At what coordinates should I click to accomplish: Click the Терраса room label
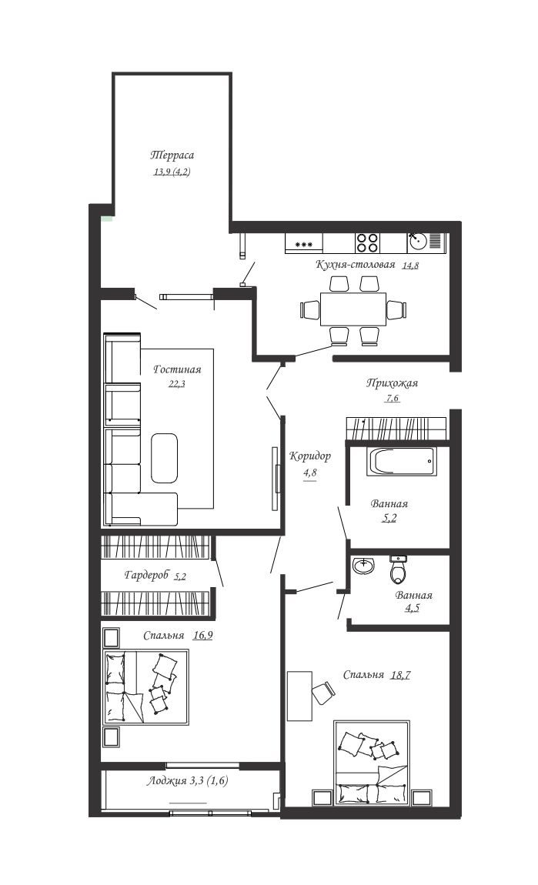tap(172, 155)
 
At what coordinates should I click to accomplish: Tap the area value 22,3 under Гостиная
tap(177, 384)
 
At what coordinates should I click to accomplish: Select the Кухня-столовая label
tap(356, 264)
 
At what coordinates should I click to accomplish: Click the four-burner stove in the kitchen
tap(367, 242)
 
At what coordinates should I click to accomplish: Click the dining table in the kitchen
tap(353, 309)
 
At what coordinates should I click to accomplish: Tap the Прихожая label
tap(392, 383)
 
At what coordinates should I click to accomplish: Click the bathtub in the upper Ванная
tap(401, 462)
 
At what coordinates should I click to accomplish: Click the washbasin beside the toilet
tap(364, 566)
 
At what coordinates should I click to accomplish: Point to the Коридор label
tap(310, 456)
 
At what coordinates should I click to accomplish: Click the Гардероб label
tap(147, 575)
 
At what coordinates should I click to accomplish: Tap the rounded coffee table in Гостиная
tap(164, 458)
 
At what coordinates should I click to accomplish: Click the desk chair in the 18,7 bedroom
tap(323, 692)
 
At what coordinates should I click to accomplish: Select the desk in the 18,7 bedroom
tap(299, 696)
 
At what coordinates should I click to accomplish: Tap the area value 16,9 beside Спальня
tap(202, 636)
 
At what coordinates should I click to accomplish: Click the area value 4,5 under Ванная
tap(413, 609)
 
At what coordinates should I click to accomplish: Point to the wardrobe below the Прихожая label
tap(396, 429)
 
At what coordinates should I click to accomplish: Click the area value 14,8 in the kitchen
tap(410, 265)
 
